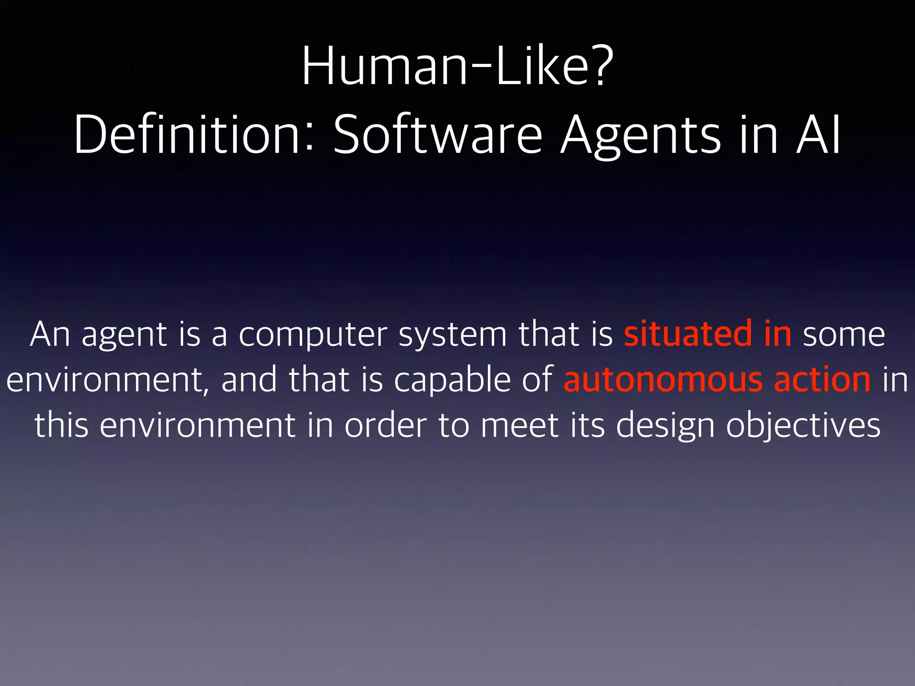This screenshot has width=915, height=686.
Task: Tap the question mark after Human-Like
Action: coord(597,67)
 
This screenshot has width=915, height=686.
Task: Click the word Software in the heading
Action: coord(438,135)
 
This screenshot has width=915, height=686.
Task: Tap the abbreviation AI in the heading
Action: coord(818,135)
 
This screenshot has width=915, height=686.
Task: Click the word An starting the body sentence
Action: coord(50,335)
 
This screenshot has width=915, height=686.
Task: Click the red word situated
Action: coord(688,335)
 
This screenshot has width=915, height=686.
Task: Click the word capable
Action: coord(452,380)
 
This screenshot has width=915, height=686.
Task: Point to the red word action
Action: coord(822,380)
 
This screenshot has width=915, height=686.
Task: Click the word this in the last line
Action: coord(61,425)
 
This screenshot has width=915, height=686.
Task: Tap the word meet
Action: coord(520,425)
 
